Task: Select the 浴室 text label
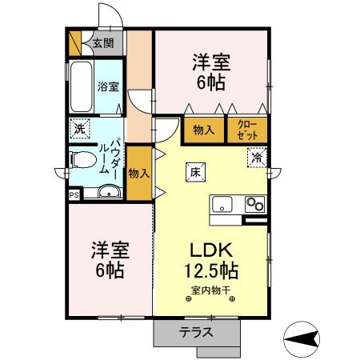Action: [x=108, y=86]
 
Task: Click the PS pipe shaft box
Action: [x=74, y=193]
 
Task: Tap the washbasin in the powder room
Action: [x=108, y=191]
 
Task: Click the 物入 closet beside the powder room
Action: [x=138, y=173]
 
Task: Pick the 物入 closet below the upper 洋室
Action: [x=204, y=130]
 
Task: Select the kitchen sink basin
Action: [x=222, y=202]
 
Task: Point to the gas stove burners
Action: [x=254, y=202]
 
